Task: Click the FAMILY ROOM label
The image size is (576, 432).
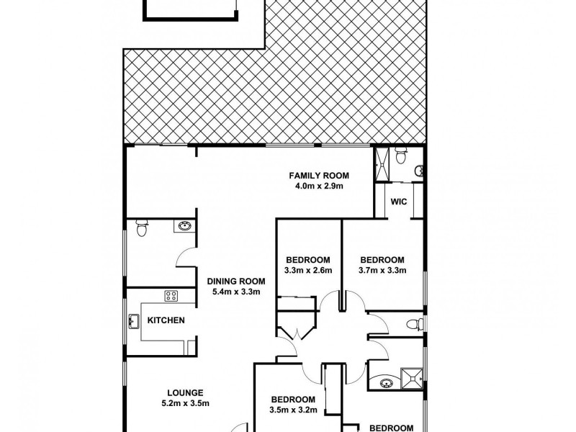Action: click(x=318, y=176)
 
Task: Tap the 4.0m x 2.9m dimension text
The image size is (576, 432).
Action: click(x=318, y=186)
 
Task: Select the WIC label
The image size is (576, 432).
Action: click(x=399, y=202)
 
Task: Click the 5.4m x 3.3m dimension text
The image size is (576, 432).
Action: click(x=236, y=292)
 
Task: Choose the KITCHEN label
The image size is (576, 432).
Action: click(x=166, y=320)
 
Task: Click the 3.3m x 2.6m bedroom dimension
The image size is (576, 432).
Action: click(x=308, y=271)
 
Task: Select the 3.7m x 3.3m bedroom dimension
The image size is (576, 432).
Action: click(x=382, y=271)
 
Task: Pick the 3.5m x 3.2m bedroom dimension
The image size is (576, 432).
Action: click(x=293, y=410)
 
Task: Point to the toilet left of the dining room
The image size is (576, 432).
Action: click(x=142, y=229)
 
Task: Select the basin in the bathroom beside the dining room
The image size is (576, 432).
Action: click(x=184, y=227)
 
